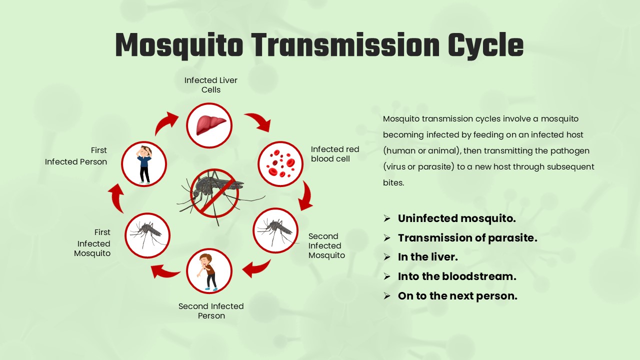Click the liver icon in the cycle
[209, 125]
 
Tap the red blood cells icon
[280, 164]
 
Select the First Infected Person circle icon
[144, 164]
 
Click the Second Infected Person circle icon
[209, 271]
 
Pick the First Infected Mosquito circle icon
[147, 235]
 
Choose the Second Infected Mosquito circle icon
[275, 230]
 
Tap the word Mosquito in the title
[179, 45]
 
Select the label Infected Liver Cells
[211, 85]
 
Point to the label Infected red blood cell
[334, 154]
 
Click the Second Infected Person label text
[211, 311]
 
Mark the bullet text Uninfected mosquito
[456, 218]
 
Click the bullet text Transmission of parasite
[467, 238]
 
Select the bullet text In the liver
[427, 257]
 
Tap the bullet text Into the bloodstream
[457, 276]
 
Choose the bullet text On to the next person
[457, 296]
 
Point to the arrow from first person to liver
[165, 123]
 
